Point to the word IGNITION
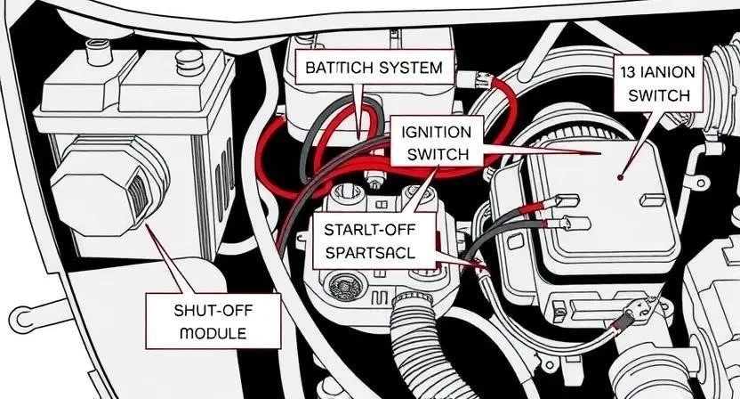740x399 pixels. coord(437,132)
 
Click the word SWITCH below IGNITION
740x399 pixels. coord(437,153)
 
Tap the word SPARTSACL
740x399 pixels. coord(370,252)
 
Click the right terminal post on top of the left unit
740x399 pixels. coord(188,64)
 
